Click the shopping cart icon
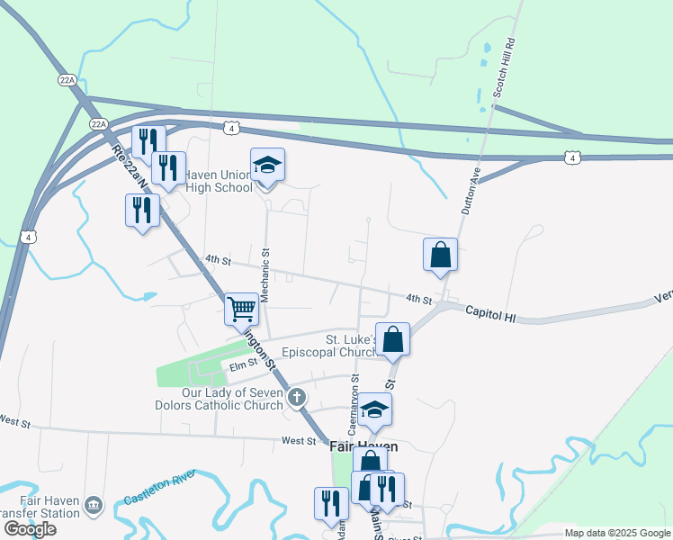(x=241, y=309)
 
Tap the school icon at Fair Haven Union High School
(x=267, y=166)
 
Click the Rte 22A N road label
(x=129, y=170)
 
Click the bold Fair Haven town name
(x=358, y=445)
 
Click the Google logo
(x=30, y=528)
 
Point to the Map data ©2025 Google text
(x=617, y=533)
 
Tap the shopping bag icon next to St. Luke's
(x=392, y=339)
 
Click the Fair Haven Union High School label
(x=220, y=180)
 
